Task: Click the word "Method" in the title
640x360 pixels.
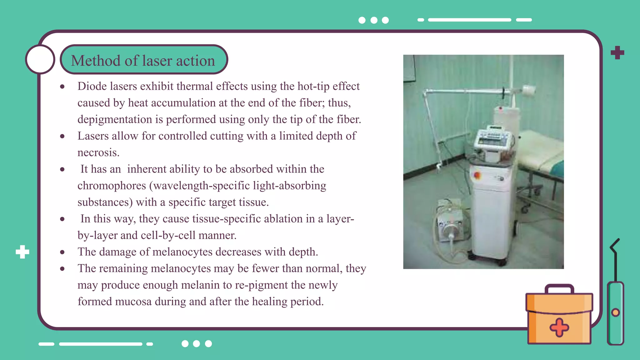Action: (96, 61)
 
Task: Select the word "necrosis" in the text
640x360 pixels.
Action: (98, 153)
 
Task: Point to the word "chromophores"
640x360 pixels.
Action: (112, 186)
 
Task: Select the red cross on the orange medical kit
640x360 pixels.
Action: (559, 327)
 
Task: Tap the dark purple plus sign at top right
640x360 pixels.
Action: (617, 52)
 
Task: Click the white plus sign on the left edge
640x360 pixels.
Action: (22, 252)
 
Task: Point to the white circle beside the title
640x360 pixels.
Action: (40, 59)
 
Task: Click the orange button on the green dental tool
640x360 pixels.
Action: (615, 312)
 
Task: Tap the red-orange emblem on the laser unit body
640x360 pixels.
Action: (477, 176)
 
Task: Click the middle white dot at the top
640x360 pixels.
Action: (374, 20)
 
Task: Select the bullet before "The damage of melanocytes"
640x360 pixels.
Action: (62, 252)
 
